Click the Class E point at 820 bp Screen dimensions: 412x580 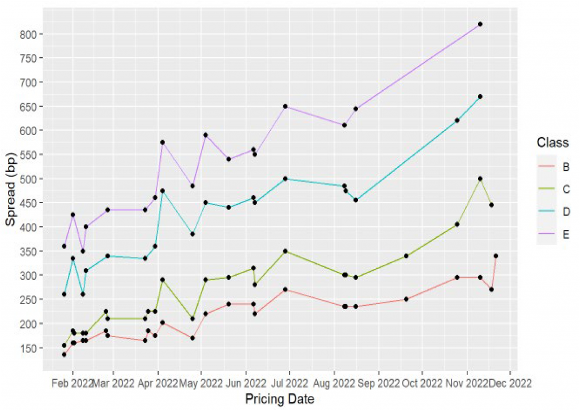(480, 24)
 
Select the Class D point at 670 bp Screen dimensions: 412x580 (480, 96)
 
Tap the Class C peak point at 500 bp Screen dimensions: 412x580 (480, 178)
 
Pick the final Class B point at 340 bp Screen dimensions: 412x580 (496, 256)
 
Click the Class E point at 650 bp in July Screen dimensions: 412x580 (285, 106)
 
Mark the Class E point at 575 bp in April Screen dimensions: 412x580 (163, 142)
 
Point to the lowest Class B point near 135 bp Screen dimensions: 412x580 (64, 354)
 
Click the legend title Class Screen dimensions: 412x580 (552, 142)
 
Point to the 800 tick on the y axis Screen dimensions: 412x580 (29, 34)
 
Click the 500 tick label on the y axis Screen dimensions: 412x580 (29, 179)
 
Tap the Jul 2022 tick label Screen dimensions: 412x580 (289, 382)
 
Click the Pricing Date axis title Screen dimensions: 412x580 (280, 399)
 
